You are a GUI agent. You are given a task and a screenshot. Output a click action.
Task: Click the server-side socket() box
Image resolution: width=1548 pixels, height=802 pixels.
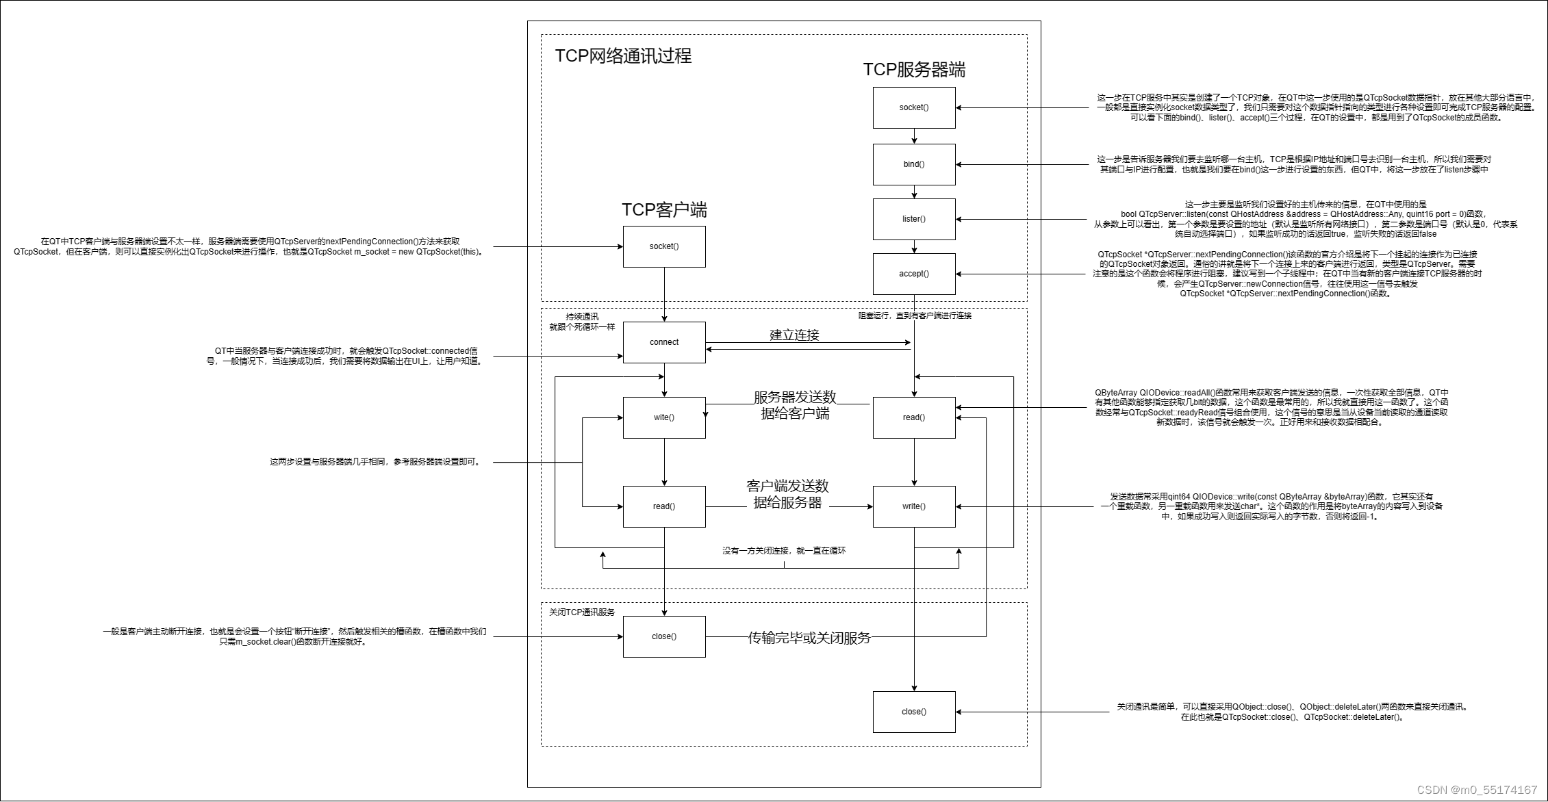(x=913, y=107)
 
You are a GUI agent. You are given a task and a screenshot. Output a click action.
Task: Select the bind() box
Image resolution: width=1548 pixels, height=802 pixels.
(x=913, y=164)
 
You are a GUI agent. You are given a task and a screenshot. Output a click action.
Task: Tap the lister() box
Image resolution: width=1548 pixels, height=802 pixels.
(x=913, y=219)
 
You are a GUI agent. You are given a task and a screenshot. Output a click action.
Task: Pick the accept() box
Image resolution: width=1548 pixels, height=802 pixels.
(x=913, y=274)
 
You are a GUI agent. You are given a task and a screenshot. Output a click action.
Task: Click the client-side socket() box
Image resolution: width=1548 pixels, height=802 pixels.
(x=663, y=246)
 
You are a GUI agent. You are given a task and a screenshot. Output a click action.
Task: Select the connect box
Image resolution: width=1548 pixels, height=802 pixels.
(x=663, y=342)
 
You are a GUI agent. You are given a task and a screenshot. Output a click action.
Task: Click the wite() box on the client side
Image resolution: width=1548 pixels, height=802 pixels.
(x=663, y=417)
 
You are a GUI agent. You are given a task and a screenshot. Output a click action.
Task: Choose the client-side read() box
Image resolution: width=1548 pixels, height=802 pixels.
(x=663, y=506)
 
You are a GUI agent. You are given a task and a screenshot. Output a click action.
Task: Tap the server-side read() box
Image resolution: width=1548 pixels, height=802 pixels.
(x=913, y=417)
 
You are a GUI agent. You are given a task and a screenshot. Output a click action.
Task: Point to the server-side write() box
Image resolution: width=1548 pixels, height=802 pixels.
(x=913, y=506)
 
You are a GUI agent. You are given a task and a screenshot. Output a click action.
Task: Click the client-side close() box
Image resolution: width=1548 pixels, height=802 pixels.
(x=663, y=636)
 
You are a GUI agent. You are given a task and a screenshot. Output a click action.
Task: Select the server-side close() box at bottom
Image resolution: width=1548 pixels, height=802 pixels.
(x=913, y=712)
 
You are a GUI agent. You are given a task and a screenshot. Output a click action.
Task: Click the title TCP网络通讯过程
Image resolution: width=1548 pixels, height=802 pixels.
(x=622, y=55)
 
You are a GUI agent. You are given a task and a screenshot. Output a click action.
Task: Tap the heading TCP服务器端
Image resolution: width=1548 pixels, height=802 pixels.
(x=913, y=70)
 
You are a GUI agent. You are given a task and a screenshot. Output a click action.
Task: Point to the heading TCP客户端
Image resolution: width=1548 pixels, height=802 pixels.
(x=663, y=209)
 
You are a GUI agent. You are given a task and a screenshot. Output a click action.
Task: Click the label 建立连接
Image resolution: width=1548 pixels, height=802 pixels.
(x=794, y=335)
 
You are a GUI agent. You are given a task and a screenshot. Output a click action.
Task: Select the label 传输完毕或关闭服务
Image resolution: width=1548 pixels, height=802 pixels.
(x=809, y=638)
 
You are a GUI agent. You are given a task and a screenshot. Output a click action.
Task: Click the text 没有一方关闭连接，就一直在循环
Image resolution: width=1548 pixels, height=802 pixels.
(x=783, y=550)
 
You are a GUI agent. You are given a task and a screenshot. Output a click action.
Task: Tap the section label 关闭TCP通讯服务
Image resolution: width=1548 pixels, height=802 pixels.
(x=582, y=612)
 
